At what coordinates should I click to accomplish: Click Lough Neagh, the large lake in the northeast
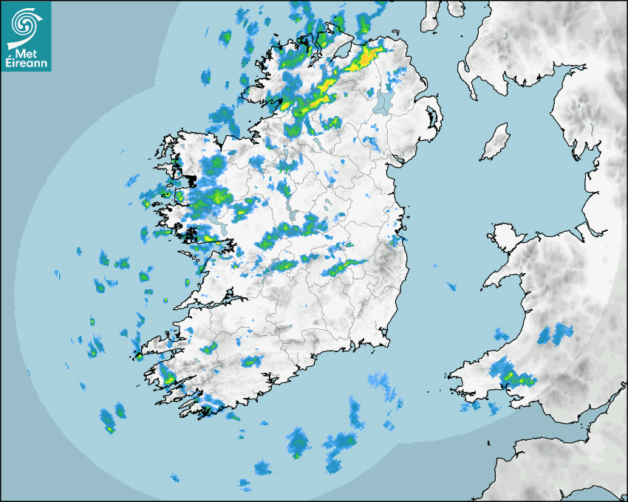[383, 103]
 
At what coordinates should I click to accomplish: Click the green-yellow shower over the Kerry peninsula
[169, 379]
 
